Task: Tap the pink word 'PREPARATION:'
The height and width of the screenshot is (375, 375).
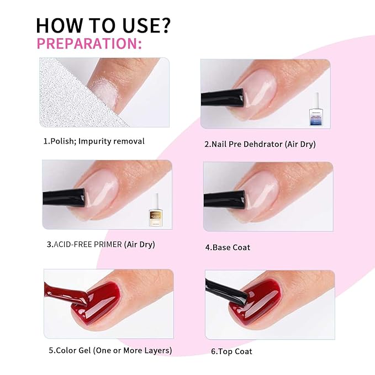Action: (88, 44)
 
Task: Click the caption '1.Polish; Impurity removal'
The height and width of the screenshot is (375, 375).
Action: (94, 141)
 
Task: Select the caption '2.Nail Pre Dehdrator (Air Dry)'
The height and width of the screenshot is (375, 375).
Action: (260, 144)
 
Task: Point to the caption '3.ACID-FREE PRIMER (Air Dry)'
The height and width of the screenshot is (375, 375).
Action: (101, 244)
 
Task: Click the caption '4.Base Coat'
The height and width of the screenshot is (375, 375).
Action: (228, 247)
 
